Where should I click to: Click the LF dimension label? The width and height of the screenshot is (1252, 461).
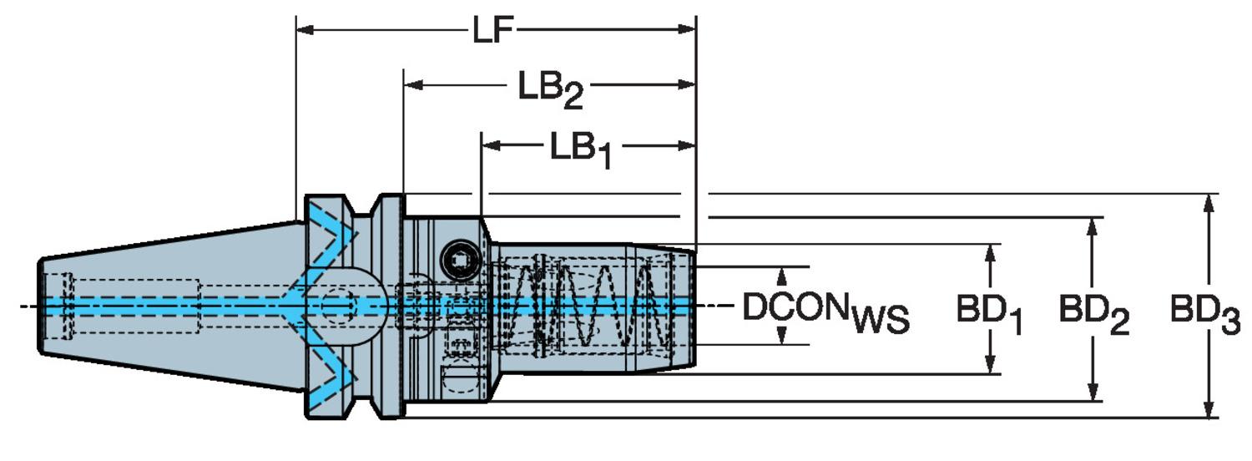point(492,30)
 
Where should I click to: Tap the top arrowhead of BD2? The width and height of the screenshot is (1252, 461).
point(1092,225)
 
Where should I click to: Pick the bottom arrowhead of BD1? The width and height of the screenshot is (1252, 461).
point(990,367)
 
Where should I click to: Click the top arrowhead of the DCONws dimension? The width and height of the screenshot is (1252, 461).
point(783,275)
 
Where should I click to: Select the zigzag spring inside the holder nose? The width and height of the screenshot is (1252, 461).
point(593,305)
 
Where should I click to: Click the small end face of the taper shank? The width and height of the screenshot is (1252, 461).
point(39,306)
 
